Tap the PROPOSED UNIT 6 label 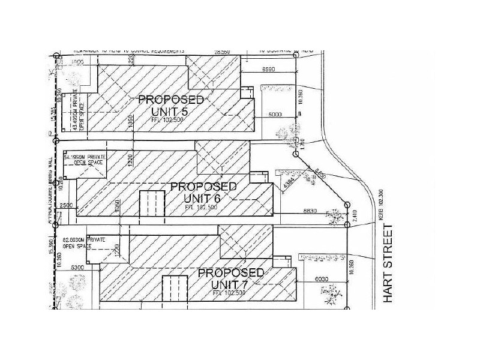(x=203, y=192)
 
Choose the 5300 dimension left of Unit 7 (x=78, y=268)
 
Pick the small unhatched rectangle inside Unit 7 (x=176, y=289)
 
